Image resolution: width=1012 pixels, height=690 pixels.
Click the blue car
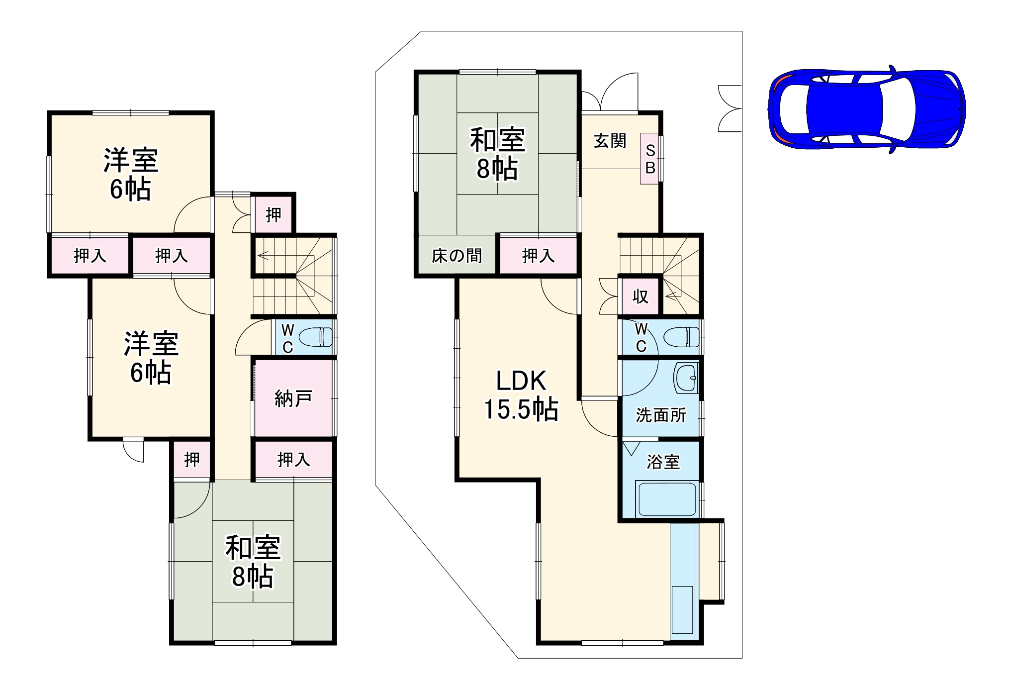coord(866,108)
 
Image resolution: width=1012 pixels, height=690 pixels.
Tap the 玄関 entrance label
coord(610,141)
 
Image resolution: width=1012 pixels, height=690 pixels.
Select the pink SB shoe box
coord(649,159)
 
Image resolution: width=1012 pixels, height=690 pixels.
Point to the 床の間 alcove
coord(457,256)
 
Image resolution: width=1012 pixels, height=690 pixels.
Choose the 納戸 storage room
coord(293,398)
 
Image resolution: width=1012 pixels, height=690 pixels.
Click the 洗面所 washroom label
coord(661,415)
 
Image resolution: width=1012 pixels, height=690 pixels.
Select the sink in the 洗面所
coord(686,378)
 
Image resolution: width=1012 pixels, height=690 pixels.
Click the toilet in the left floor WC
coord(316,337)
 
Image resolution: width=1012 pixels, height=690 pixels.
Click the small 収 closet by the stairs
coord(640,296)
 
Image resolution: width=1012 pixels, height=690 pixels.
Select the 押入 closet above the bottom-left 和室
coord(293,459)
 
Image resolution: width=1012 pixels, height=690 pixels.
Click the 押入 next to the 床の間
coord(538,256)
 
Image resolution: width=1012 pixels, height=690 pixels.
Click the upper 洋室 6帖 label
coord(130,174)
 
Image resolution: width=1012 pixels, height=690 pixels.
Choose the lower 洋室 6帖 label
coord(151,357)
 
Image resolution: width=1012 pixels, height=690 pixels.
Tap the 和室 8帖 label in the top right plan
coord(497,154)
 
